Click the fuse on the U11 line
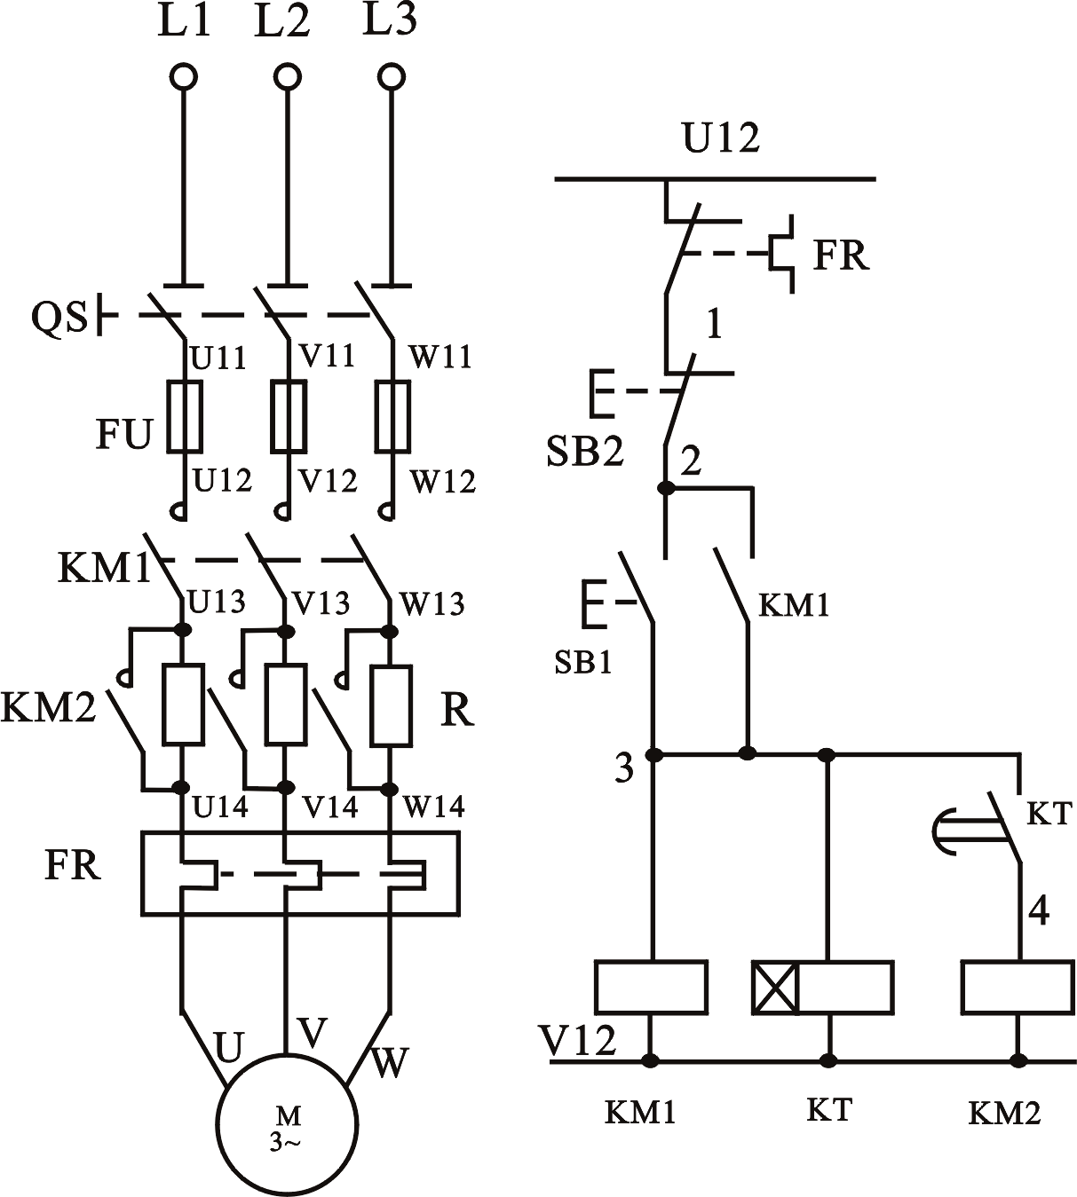tap(185, 416)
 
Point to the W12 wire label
tap(442, 482)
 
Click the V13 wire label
tap(321, 603)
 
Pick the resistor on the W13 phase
tap(391, 705)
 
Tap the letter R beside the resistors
tap(457, 710)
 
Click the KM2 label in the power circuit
tap(48, 708)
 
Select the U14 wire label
tap(219, 807)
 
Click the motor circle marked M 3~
tap(286, 1124)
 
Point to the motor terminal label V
tap(313, 1032)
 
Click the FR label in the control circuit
tap(841, 256)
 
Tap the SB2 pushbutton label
tap(585, 452)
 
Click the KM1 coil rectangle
tap(651, 987)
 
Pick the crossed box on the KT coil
tap(774, 988)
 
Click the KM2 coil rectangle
tap(1017, 987)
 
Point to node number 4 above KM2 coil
tap(1038, 911)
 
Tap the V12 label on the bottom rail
tap(577, 1040)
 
